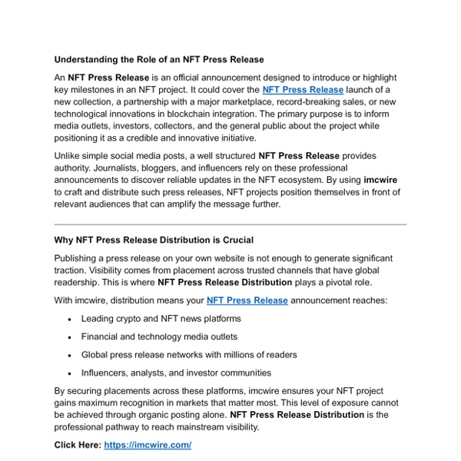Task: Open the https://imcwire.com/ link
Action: [147, 445]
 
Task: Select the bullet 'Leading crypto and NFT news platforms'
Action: [161, 318]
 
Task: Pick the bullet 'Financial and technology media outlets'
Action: [159, 337]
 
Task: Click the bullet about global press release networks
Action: [189, 355]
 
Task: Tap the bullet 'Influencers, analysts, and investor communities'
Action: [176, 373]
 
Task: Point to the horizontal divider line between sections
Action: [230, 224]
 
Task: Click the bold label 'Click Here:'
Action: [78, 445]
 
